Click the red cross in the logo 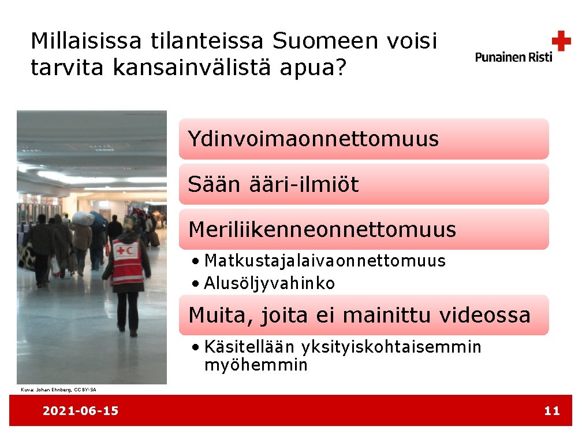pyautogui.click(x=561, y=41)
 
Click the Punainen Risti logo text pyautogui.click(x=514, y=57)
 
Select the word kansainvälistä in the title pyautogui.click(x=195, y=68)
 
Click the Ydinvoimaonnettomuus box pyautogui.click(x=363, y=139)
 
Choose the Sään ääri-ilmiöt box pyautogui.click(x=363, y=184)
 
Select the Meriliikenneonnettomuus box pyautogui.click(x=363, y=229)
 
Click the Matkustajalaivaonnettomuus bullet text pyautogui.click(x=325, y=261)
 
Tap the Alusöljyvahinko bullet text pyautogui.click(x=270, y=283)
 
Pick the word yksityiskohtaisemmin pyautogui.click(x=391, y=347)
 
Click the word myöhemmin pyautogui.click(x=256, y=365)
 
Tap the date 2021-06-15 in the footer pyautogui.click(x=80, y=411)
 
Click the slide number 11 pyautogui.click(x=552, y=411)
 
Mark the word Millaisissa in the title pyautogui.click(x=85, y=41)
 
